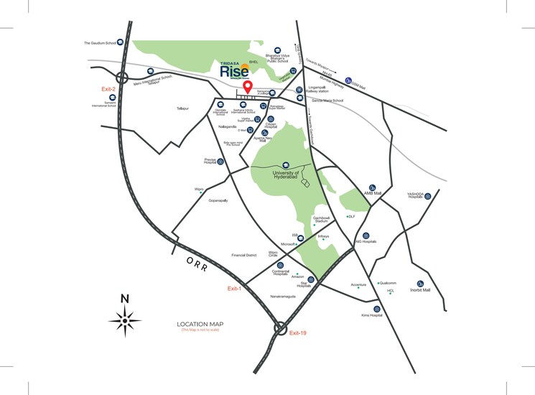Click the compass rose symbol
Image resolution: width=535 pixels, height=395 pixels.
pos(125,317)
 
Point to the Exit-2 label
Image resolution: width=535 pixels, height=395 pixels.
pos(109,88)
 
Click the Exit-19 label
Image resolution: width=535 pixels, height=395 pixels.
pos(298,333)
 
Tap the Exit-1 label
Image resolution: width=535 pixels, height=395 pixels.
pos(234,288)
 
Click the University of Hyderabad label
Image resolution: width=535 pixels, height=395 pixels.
pos(285,175)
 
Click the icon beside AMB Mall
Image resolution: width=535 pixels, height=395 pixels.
pos(372,185)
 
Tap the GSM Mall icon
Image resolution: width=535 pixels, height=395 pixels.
pos(348,80)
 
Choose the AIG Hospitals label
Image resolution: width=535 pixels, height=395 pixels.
pos(366,242)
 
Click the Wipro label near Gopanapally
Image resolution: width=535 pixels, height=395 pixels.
pos(199,190)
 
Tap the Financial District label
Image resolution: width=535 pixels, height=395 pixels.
pos(239,255)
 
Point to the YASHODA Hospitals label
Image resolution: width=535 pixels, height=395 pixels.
pos(417,195)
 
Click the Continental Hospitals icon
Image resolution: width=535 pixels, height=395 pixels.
pos(279,265)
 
